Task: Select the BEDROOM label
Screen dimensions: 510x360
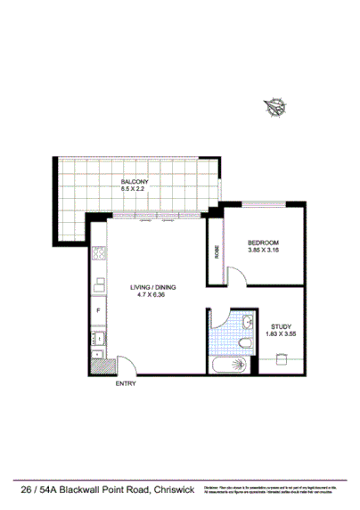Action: click(x=264, y=243)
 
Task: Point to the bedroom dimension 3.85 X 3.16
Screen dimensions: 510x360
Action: click(x=264, y=251)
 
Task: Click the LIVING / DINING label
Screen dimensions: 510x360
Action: click(x=153, y=286)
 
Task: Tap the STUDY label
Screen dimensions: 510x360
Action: click(x=281, y=327)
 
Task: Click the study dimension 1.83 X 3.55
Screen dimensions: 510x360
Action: click(x=281, y=335)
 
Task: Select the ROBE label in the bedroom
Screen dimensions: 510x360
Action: click(x=217, y=251)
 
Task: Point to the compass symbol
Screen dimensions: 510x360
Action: click(x=274, y=108)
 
